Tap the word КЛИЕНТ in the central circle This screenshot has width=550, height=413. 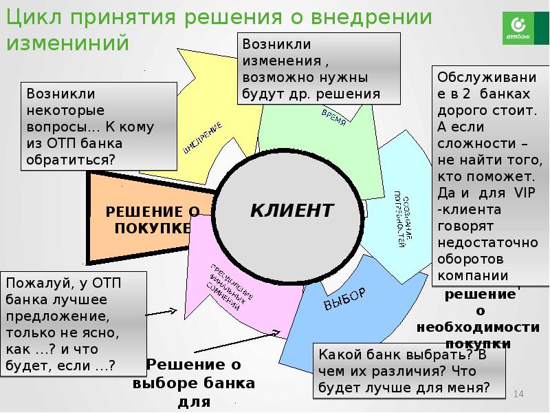[291, 210]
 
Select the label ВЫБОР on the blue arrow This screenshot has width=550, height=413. [344, 297]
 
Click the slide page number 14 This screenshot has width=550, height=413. [519, 394]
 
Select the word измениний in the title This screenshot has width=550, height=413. [68, 43]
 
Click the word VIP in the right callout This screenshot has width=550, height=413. [510, 193]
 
